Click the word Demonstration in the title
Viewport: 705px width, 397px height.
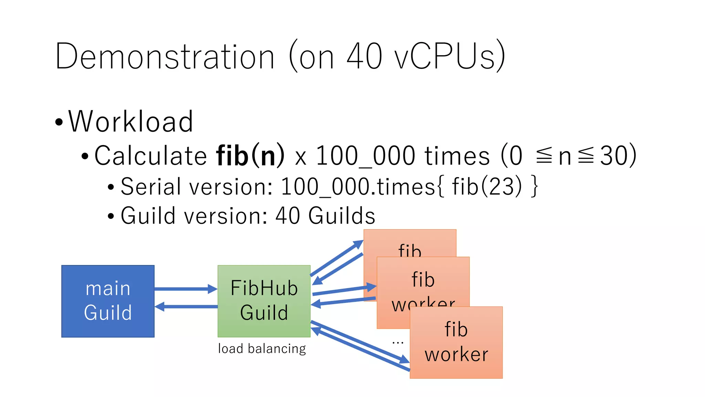point(165,56)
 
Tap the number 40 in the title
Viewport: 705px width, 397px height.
point(364,56)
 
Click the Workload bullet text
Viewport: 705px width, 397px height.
point(130,121)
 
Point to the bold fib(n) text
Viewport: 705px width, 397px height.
point(250,155)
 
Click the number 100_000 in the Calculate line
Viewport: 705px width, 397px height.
point(365,156)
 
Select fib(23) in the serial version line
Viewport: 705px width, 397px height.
point(487,186)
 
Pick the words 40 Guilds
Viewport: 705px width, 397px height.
point(325,216)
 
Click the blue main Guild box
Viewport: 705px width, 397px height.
point(108,301)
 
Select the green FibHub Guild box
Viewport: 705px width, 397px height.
point(264,301)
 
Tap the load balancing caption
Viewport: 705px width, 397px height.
point(262,349)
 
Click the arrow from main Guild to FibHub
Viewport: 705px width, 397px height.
point(186,289)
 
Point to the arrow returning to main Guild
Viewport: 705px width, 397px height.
point(186,306)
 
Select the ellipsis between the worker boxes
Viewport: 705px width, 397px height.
point(398,343)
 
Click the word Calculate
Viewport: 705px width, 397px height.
point(150,156)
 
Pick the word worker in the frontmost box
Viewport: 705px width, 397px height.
point(456,355)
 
